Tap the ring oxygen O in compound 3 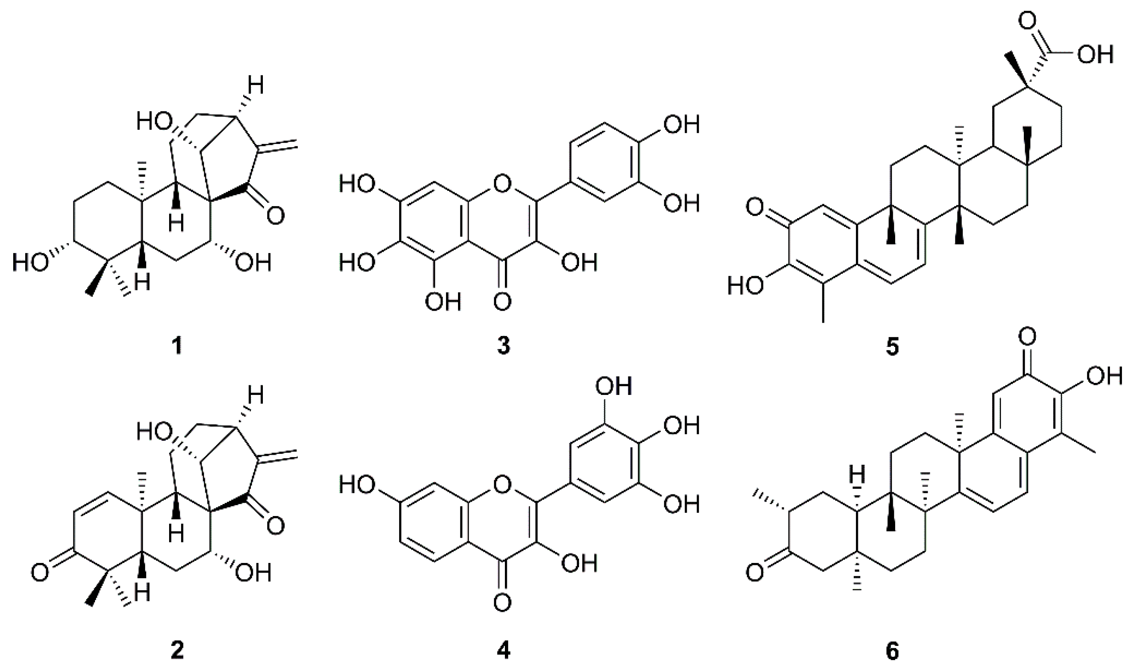502,184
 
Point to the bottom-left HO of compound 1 31,263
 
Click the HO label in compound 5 746,286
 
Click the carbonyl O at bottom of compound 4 503,603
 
